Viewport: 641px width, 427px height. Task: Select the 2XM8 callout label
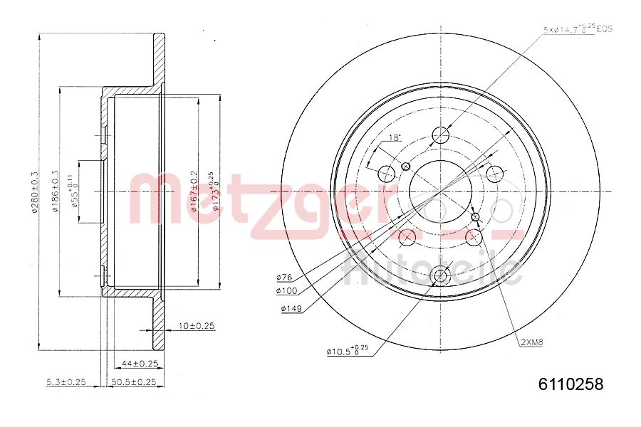click(x=531, y=342)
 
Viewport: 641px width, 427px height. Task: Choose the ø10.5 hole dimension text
click(x=347, y=351)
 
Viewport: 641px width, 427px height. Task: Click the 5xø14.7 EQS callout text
click(x=578, y=29)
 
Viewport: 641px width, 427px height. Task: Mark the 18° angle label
click(x=395, y=137)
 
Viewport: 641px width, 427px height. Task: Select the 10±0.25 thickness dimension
click(x=197, y=325)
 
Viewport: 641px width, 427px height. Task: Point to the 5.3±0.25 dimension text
click(x=66, y=382)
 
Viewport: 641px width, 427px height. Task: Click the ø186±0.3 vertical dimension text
click(x=56, y=192)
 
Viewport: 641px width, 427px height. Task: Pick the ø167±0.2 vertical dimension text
click(x=193, y=192)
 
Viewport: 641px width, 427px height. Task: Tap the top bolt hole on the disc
click(x=441, y=135)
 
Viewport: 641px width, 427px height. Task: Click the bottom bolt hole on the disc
click(x=441, y=275)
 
